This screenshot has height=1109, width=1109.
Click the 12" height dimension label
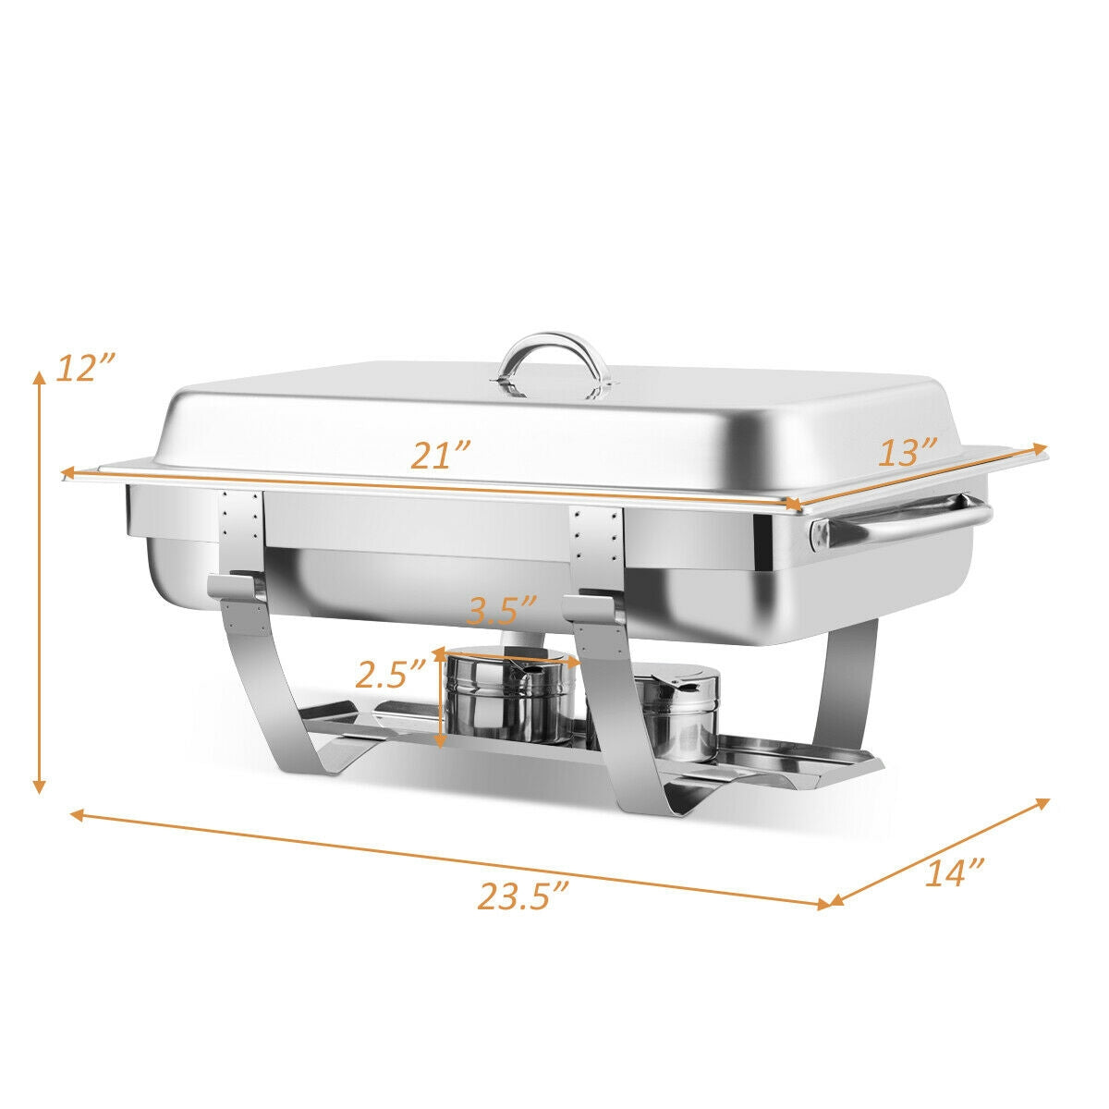coord(84,368)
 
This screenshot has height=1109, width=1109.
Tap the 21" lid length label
coord(442,457)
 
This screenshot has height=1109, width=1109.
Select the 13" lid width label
coord(908,453)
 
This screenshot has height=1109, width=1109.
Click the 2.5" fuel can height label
coord(392,676)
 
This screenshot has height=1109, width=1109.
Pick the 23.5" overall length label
coord(522,896)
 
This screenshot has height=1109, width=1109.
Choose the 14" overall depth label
coord(954,872)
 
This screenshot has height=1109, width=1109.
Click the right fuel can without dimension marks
coord(680,713)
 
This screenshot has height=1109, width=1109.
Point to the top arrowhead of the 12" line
coord(39,377)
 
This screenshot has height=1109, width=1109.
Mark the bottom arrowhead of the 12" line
coord(39,786)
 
